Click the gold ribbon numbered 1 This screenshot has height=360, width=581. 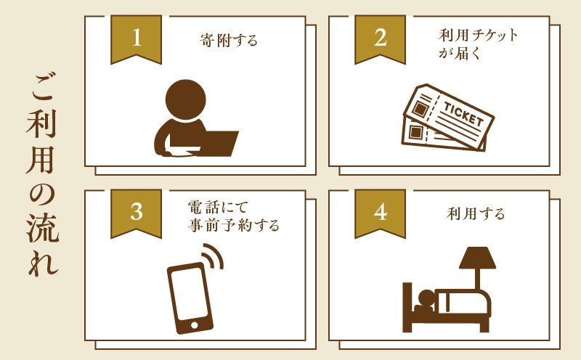click(x=137, y=39)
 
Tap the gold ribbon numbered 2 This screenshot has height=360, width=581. click(x=380, y=39)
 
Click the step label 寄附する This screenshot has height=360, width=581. click(x=229, y=40)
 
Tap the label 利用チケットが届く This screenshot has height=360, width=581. click(x=479, y=44)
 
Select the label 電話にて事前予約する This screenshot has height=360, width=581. click(x=233, y=216)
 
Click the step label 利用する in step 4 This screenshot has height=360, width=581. click(x=476, y=214)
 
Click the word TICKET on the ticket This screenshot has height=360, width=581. click(x=463, y=114)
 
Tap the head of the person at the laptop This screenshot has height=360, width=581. click(x=185, y=99)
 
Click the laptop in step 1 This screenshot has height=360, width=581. click(x=216, y=144)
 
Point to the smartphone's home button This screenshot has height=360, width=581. click(x=194, y=325)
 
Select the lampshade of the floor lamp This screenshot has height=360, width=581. click(x=477, y=258)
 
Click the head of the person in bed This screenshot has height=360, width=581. click(x=426, y=298)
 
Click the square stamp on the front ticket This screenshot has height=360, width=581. click(x=420, y=109)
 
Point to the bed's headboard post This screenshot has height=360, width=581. click(x=407, y=307)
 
